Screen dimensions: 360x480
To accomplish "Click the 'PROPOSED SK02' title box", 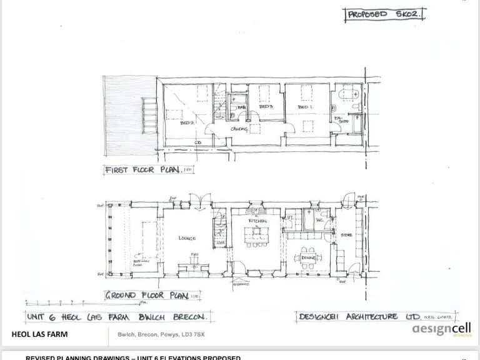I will (384, 14).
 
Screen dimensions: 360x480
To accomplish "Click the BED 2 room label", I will (187, 123).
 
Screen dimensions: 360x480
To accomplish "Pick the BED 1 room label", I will (305, 107).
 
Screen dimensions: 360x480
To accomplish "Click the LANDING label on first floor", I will (239, 129).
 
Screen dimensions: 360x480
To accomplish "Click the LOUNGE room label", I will (187, 238).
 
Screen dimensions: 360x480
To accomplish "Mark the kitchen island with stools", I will (257, 234).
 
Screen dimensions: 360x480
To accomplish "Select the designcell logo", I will (441, 329).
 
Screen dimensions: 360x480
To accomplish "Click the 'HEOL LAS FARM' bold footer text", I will (39, 334).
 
